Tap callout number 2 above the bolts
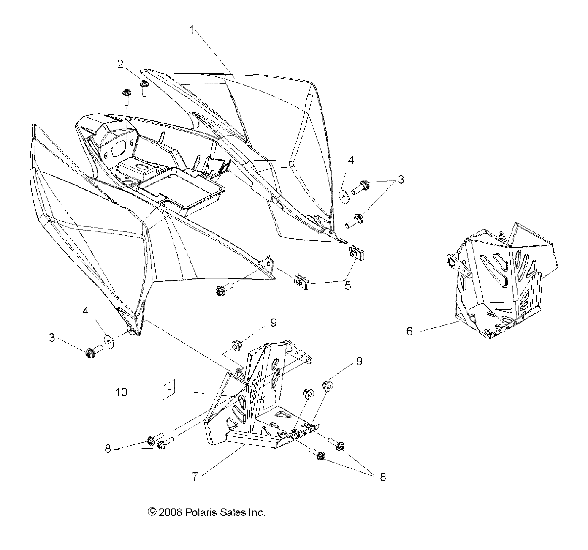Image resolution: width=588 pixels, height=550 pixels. tap(120, 64)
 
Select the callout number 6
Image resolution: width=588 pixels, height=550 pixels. tap(409, 331)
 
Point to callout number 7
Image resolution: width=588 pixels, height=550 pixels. tap(195, 476)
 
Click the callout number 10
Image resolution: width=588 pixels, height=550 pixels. tap(121, 392)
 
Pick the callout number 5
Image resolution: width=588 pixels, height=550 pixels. tap(348, 286)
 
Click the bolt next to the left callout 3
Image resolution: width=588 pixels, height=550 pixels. tap(94, 351)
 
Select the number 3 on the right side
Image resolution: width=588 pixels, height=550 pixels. tap(401, 180)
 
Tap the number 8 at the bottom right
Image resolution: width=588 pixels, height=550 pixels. tap(383, 477)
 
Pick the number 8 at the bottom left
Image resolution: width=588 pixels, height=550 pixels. tap(108, 449)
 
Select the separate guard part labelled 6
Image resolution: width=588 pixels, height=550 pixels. tap(498, 279)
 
